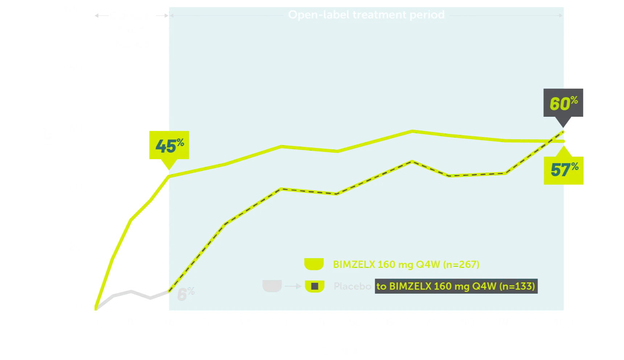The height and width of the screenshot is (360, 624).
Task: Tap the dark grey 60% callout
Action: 563,103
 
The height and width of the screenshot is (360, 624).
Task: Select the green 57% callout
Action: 564,170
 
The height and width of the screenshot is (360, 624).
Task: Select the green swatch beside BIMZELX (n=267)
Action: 314,264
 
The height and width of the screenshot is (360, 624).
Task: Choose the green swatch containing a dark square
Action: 315,286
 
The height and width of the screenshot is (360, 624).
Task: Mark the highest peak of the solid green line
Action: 412,131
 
